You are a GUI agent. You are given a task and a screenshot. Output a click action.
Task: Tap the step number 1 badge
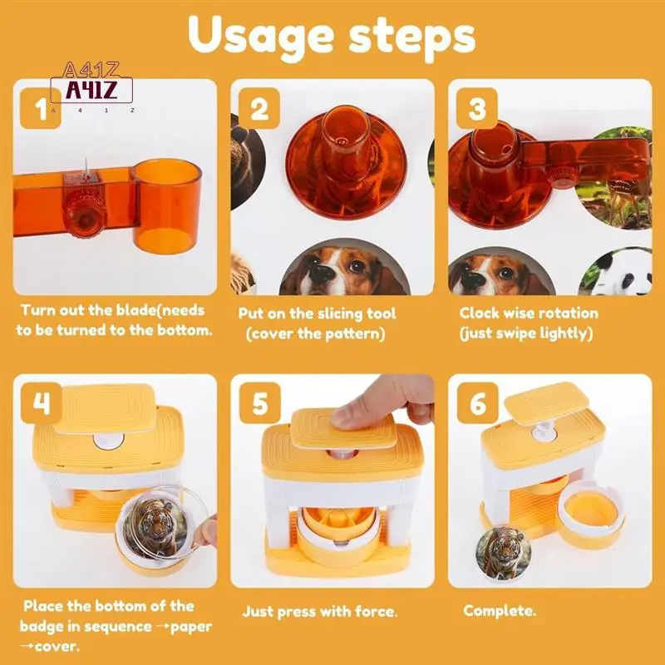point(41,108)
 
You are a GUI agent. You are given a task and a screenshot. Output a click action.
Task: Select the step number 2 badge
point(259,108)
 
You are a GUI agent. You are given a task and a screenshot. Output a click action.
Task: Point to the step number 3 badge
point(476,108)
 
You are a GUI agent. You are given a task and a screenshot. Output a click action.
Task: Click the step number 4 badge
point(41,403)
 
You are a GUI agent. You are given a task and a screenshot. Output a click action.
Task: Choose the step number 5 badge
point(260,403)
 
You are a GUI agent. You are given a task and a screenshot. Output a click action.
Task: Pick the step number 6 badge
point(477,403)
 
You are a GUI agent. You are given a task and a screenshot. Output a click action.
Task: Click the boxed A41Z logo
point(91,90)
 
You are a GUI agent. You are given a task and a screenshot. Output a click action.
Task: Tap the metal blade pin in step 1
point(86,170)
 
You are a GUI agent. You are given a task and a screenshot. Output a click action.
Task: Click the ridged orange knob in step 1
point(84,214)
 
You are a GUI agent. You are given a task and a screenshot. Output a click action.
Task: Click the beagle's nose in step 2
point(321,273)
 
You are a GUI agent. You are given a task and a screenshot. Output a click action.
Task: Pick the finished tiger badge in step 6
point(504,553)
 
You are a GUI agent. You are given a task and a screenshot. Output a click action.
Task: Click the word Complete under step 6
point(500,611)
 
